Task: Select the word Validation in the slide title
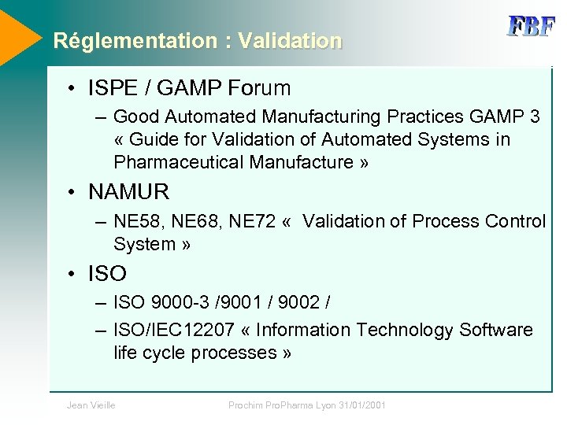pos(290,41)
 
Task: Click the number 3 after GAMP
pos(535,117)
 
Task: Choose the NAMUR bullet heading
pos(128,192)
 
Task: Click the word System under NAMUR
pos(144,244)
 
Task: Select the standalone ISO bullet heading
pos(107,274)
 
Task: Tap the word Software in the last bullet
pos(495,330)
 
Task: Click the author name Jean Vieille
pos(91,405)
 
